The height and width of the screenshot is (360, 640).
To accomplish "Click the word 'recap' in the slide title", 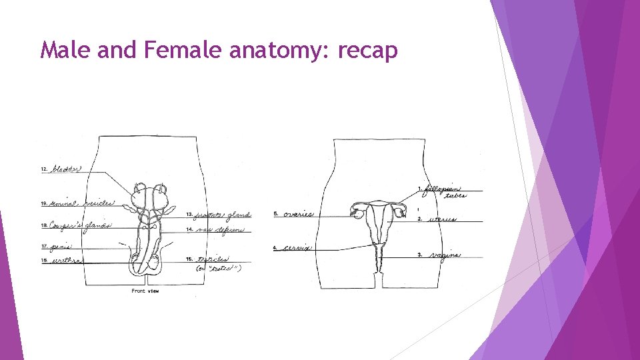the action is pos(368,51).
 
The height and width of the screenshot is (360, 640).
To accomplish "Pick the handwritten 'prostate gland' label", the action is pos(223,215).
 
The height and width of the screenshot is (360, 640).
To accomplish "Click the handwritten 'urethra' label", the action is pos(67,261).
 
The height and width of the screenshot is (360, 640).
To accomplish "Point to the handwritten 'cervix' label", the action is pos(297,248).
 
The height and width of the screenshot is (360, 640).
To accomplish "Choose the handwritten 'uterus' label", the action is pos(443,219).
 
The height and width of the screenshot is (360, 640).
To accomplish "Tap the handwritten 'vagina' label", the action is pos(445,255).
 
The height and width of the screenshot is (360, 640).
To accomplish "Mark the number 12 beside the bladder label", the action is pos(44,170).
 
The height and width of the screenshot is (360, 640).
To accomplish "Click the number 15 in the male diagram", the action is pos(189,259).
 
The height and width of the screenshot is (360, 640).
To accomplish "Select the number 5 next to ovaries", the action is pos(275,214).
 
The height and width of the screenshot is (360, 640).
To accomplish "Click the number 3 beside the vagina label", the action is pos(419,255).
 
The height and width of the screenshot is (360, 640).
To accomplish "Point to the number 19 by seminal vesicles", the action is pos(44,203).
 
